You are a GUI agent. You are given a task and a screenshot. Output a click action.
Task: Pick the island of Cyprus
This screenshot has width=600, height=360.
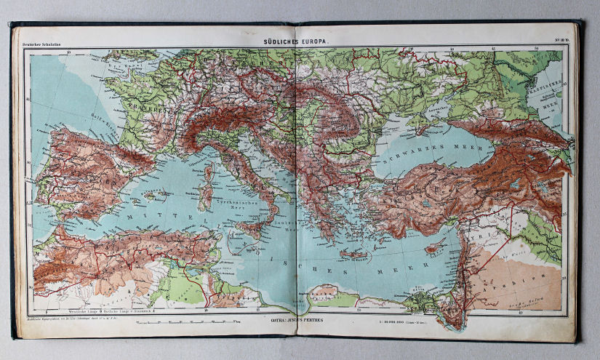pos(435,247)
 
